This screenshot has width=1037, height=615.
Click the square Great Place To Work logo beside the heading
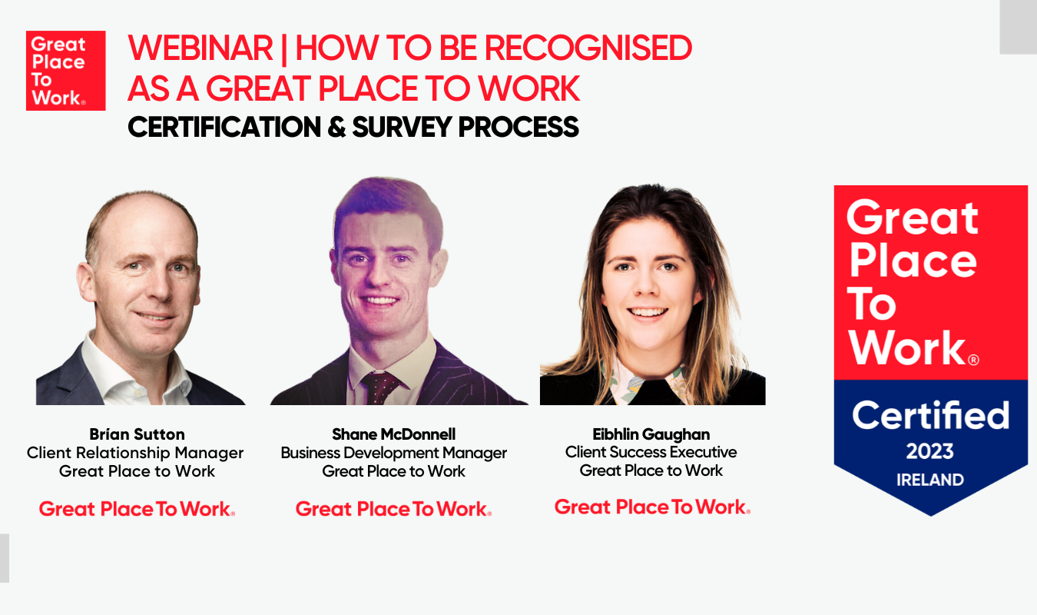pos(66,71)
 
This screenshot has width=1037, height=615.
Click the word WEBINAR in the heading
pos(200,48)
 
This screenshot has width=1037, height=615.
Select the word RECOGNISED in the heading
pos(588,48)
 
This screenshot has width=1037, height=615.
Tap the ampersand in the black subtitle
pos(336,127)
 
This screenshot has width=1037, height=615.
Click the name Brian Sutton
pos(137,434)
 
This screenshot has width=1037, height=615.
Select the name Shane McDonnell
pos(393,434)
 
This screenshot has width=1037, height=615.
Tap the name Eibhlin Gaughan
pos(651,434)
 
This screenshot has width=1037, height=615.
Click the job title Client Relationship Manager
pos(135,453)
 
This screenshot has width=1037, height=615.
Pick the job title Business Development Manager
pos(393,453)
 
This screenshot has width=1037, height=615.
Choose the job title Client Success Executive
pos(651,452)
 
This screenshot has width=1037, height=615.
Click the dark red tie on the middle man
pos(380,387)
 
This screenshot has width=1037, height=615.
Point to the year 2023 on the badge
pos(929,451)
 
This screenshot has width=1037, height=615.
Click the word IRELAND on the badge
pos(930,480)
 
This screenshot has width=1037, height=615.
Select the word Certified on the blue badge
pos(930,415)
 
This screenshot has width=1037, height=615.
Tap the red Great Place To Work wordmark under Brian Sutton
pos(137,509)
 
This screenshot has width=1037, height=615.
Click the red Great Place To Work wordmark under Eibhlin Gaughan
pos(652,507)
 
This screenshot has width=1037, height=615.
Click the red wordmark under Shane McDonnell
pos(393,509)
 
